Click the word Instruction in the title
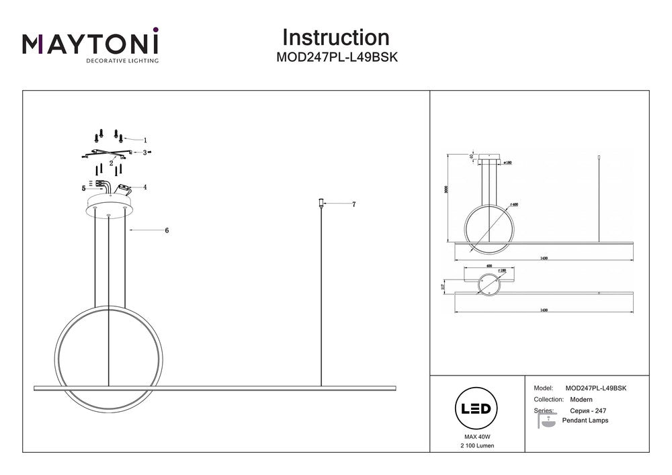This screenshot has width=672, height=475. tap(335, 38)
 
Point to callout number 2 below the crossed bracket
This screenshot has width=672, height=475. tap(111, 162)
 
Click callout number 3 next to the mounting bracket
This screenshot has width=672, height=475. tap(144, 153)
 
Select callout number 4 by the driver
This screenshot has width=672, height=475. tap(144, 187)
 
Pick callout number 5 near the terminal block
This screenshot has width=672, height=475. tap(84, 189)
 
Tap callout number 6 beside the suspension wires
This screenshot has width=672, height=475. tap(166, 230)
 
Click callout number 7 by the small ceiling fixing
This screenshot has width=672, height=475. tap(353, 204)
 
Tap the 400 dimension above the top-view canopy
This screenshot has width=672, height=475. tap(489, 266)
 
